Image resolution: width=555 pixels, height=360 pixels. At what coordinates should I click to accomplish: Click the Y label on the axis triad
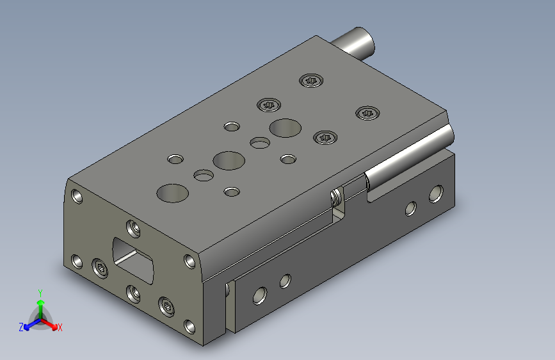(x=40, y=293)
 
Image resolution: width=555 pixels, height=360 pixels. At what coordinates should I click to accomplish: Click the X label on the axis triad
(x=60, y=327)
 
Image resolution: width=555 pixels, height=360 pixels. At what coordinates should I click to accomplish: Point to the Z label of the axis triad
(x=21, y=327)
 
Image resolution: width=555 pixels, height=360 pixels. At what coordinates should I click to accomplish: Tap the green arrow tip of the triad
(x=41, y=302)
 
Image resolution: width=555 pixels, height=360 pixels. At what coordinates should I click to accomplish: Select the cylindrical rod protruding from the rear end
(x=353, y=44)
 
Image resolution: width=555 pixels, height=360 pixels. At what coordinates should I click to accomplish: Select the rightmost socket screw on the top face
(x=367, y=113)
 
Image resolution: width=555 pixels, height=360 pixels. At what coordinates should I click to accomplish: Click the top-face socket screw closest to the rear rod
(x=311, y=81)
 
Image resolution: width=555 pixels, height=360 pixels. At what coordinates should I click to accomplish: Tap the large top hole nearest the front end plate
(x=172, y=193)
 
